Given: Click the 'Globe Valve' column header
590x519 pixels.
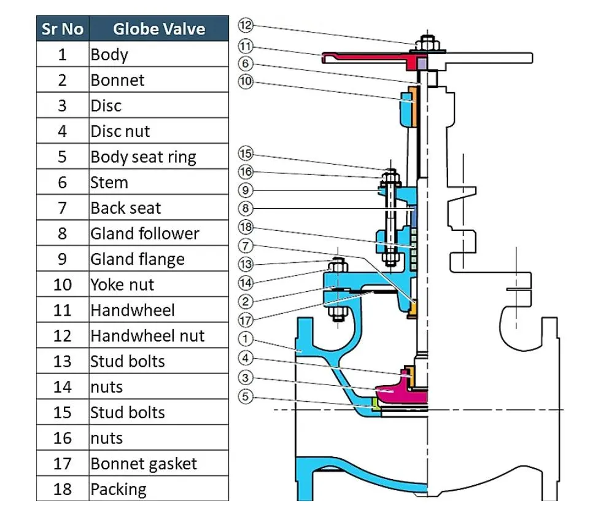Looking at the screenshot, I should [x=158, y=29].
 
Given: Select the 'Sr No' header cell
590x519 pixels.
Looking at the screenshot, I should [x=62, y=29].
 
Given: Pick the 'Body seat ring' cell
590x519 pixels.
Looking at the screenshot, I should [x=143, y=157].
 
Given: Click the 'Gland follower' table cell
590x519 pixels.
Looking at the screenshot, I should [x=145, y=233].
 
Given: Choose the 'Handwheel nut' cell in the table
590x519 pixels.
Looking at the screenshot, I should [x=147, y=336].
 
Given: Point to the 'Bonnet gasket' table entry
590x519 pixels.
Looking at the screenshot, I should [x=144, y=464].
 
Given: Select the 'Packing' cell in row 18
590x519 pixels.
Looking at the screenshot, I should [x=118, y=490].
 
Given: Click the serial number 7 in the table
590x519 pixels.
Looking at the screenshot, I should [x=62, y=208].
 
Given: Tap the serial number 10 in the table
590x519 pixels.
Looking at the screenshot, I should [x=62, y=285].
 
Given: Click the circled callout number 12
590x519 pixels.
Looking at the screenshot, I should [x=246, y=25].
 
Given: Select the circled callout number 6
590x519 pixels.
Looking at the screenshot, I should [x=246, y=64].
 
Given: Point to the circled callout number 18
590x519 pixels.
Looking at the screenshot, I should [x=246, y=228].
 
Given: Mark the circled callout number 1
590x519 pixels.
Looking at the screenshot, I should [x=246, y=338].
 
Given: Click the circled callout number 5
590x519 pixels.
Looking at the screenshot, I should [x=246, y=397].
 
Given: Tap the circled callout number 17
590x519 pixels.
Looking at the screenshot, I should [x=246, y=319].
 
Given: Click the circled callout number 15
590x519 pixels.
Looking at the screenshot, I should [x=246, y=154].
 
